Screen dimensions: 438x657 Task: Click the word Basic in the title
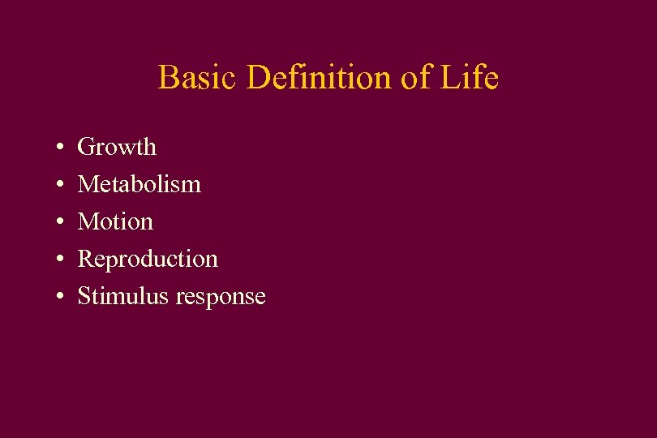tap(199, 78)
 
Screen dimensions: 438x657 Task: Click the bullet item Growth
tap(117, 147)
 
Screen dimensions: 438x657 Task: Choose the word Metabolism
tap(139, 184)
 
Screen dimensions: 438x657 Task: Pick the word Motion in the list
tap(115, 221)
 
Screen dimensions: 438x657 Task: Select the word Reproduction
tap(148, 259)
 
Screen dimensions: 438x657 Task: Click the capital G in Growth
tap(85, 147)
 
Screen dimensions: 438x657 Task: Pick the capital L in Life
tap(449, 78)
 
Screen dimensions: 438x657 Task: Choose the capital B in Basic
tap(168, 78)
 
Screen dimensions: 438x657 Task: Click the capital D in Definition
tap(260, 78)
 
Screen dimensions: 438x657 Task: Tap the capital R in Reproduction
tap(84, 259)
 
